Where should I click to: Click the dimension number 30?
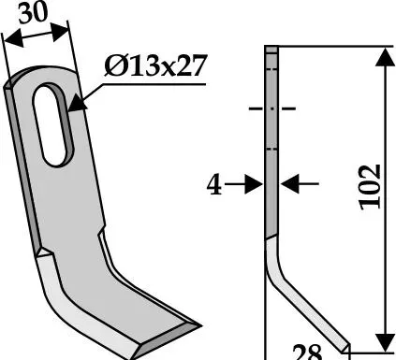(x=33, y=13)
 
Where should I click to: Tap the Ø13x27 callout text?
(x=155, y=65)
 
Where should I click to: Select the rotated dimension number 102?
(x=370, y=187)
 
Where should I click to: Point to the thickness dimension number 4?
(x=214, y=185)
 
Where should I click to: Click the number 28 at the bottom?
(x=307, y=352)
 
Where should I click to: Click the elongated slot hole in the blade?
(x=53, y=124)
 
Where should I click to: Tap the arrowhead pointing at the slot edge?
(x=77, y=105)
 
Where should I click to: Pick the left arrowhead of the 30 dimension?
(x=14, y=38)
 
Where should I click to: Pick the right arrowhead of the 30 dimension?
(x=59, y=31)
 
